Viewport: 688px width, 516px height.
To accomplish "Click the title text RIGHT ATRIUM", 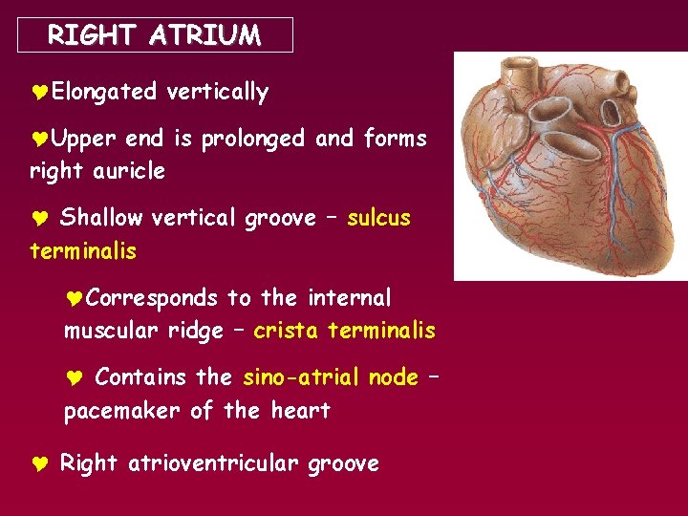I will pyautogui.click(x=154, y=36).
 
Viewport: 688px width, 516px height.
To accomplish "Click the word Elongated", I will pyautogui.click(x=104, y=93).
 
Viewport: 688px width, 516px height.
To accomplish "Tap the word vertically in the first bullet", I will pyautogui.click(x=217, y=93).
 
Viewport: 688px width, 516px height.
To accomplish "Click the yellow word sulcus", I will pyautogui.click(x=378, y=219).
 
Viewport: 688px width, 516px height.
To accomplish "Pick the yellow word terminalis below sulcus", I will pyautogui.click(x=83, y=252).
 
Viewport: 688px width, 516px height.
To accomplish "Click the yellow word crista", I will pyautogui.click(x=286, y=332).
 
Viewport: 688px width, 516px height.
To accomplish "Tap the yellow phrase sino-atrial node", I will pyautogui.click(x=331, y=377).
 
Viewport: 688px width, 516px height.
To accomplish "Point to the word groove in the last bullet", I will pyautogui.click(x=343, y=464).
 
